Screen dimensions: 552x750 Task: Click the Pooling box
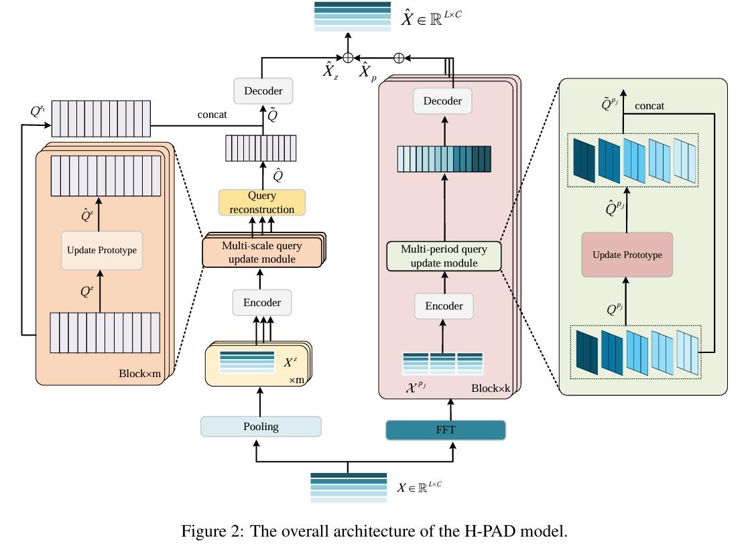[261, 427]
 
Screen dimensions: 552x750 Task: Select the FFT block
[445, 429]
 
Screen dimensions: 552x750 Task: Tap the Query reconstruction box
[261, 202]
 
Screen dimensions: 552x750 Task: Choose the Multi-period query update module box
[444, 256]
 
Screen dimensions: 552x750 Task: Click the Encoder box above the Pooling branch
[261, 302]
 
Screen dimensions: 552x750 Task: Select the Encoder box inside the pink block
[444, 306]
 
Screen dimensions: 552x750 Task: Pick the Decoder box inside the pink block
[442, 101]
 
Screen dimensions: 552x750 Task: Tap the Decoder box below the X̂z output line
[263, 90]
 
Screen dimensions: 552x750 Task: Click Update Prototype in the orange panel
[101, 251]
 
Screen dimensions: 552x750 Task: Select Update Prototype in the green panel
[627, 255]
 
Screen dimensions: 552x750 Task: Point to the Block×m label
[139, 373]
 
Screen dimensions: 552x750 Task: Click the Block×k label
[491, 388]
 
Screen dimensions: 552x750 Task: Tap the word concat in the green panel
[649, 106]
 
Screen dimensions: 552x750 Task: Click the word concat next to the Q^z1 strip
[212, 115]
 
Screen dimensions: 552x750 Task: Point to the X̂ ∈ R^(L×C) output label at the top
[431, 18]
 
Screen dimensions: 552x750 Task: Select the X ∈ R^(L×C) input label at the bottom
[420, 488]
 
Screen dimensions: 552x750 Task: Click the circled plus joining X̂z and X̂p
[348, 58]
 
